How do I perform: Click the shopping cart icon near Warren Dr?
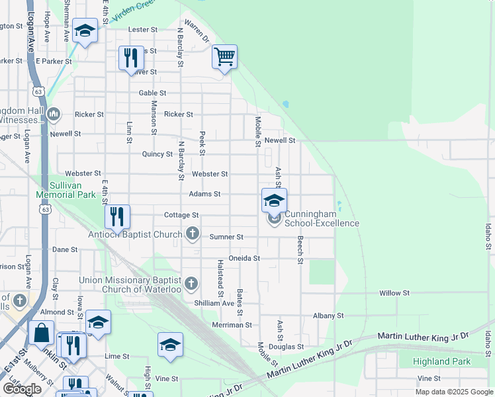coord(224,56)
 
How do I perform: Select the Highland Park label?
coord(441,361)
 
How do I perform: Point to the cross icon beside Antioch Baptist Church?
coord(192,233)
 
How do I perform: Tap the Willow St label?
coord(394,292)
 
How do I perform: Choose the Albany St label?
coord(329,316)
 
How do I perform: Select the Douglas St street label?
coord(290,346)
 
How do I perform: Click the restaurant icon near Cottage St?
coord(117,216)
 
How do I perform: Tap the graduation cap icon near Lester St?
coord(85,30)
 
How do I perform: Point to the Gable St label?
coord(152,93)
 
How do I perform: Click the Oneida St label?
coord(244,258)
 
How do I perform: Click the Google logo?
coord(22,388)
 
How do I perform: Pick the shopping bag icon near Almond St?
coord(41,332)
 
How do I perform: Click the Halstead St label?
coord(220,277)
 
